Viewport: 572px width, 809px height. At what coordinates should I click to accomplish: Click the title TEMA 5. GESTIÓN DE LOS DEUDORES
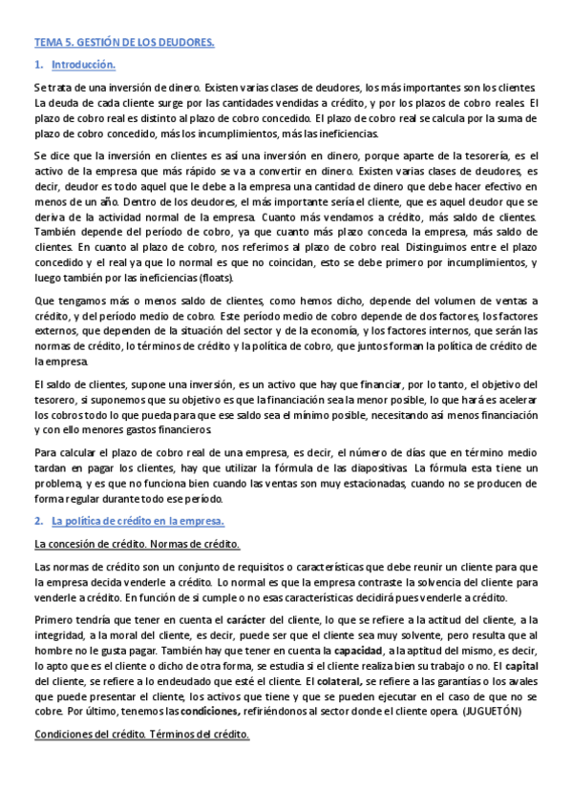click(123, 44)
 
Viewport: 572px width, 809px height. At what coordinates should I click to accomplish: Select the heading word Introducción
click(83, 65)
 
